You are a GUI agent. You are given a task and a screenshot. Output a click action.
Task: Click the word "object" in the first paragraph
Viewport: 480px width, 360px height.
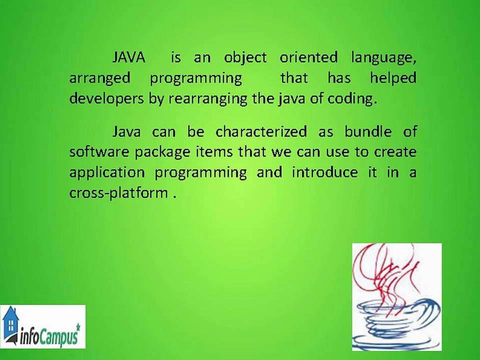pyautogui.click(x=245, y=58)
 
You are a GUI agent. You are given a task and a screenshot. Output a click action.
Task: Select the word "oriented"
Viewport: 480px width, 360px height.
pyautogui.click(x=308, y=58)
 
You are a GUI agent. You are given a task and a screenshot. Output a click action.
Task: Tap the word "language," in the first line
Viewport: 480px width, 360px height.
pyautogui.click(x=383, y=58)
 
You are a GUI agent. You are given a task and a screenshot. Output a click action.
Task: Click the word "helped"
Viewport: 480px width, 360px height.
pyautogui.click(x=393, y=78)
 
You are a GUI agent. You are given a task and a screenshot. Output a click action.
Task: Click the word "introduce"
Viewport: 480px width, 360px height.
pyautogui.click(x=324, y=172)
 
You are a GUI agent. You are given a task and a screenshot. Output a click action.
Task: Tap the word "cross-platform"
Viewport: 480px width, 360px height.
pyautogui.click(x=118, y=193)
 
